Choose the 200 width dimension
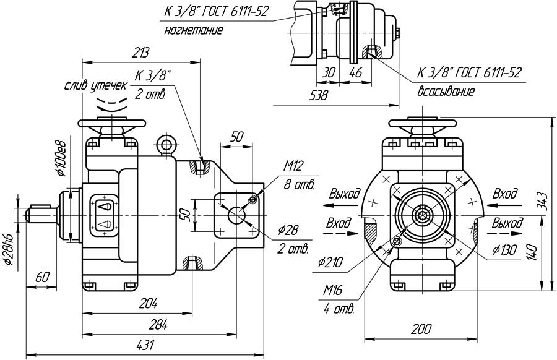pos(422,328)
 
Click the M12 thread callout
pos(295,166)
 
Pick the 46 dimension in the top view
pos(355,72)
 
